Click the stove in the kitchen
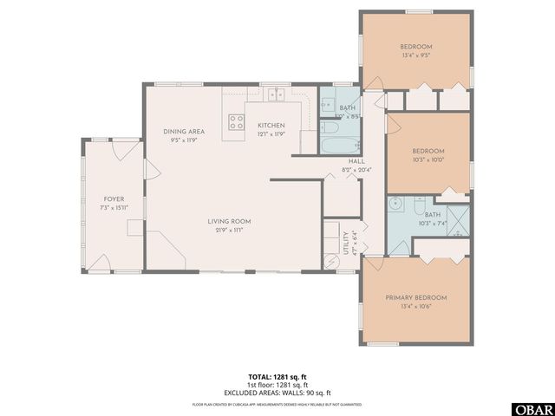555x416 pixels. click(235, 122)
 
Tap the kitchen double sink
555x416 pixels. click(277, 95)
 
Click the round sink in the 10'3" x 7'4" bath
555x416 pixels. click(397, 205)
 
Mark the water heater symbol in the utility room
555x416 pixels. click(330, 259)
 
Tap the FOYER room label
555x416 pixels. click(114, 198)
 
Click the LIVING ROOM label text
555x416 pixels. click(229, 221)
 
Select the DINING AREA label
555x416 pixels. click(184, 131)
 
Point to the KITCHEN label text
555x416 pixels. click(271, 126)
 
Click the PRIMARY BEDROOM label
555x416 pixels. click(416, 297)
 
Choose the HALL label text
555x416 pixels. click(356, 161)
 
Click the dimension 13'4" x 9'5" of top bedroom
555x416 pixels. click(416, 55)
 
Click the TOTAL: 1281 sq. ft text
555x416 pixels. click(277, 377)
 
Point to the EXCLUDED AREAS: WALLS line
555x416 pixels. click(277, 392)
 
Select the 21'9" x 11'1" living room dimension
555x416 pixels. click(229, 230)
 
